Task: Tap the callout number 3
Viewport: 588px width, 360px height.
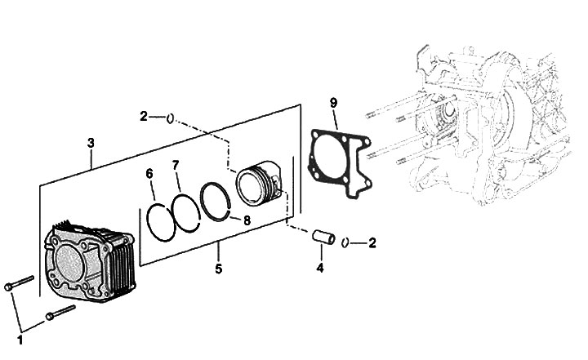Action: (x=91, y=143)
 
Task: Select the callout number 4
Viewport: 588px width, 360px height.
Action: (x=320, y=268)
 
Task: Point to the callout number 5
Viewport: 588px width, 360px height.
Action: (x=218, y=267)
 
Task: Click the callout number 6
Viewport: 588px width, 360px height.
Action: (x=149, y=174)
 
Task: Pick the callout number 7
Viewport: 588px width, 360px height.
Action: (x=176, y=166)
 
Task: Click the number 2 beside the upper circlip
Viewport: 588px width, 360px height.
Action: (x=144, y=118)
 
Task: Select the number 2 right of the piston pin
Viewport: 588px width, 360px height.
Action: (x=372, y=242)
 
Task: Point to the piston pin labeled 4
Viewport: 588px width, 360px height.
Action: (x=322, y=239)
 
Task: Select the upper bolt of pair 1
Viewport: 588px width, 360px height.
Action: (x=18, y=282)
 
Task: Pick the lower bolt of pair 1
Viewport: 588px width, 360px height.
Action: (x=60, y=313)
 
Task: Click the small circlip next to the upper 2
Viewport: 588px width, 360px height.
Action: (x=169, y=119)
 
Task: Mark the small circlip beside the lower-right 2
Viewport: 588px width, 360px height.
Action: (x=345, y=242)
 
